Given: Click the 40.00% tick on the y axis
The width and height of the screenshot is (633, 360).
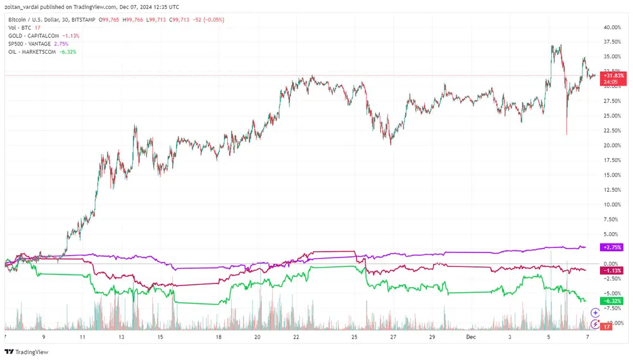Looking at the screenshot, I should pyautogui.click(x=611, y=28).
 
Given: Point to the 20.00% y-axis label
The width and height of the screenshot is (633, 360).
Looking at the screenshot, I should pyautogui.click(x=611, y=146).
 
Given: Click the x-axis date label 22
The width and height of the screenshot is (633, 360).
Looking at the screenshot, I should pyautogui.click(x=296, y=338).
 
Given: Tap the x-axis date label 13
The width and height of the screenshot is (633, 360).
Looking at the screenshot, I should pyautogui.click(x=122, y=338).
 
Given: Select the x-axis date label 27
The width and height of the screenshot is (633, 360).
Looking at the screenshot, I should pyautogui.click(x=393, y=338).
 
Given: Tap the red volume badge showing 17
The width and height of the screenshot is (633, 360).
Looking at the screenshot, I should pyautogui.click(x=605, y=326).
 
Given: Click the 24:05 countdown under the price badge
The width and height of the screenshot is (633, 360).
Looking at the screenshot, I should pyautogui.click(x=611, y=82).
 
